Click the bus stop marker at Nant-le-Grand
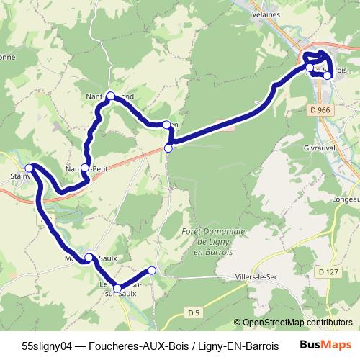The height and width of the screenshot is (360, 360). coord(111,96)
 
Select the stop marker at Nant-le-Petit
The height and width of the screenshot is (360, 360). coord(85,168)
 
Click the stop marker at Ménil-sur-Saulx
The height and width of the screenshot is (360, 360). coord(89,257)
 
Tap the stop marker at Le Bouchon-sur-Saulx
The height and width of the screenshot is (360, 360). coord(117,289)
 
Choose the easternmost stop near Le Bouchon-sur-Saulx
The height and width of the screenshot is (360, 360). coord(152,271)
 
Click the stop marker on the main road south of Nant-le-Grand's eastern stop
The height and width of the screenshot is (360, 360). coord(168,148)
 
